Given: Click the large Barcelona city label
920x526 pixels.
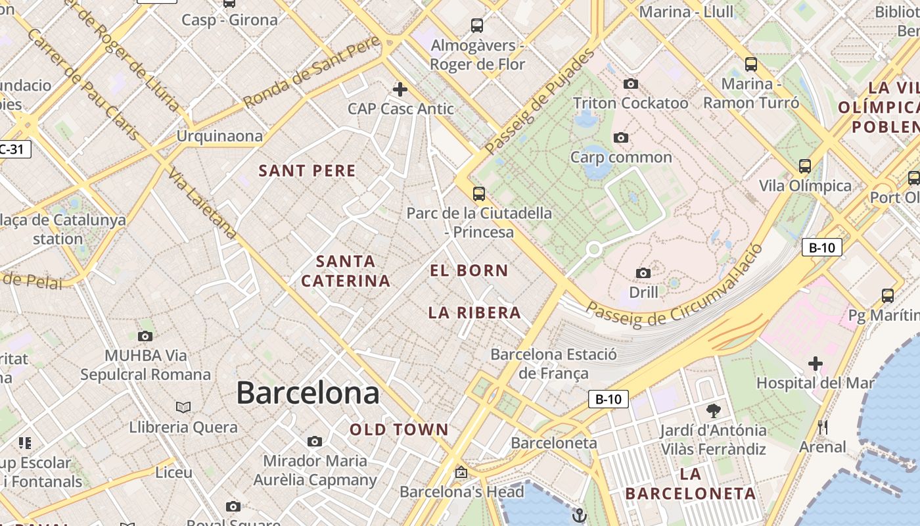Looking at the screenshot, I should pyautogui.click(x=308, y=393).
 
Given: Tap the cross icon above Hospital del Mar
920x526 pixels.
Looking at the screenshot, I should pyautogui.click(x=816, y=363).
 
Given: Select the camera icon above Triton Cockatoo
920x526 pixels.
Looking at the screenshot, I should pyautogui.click(x=630, y=84).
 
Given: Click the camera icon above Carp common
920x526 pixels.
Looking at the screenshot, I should pyautogui.click(x=620, y=137).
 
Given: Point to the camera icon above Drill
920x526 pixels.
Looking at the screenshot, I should pyautogui.click(x=643, y=273).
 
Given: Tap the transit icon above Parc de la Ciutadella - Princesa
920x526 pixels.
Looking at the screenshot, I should pyautogui.click(x=479, y=193).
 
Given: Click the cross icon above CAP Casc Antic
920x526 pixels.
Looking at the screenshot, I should pyautogui.click(x=400, y=89).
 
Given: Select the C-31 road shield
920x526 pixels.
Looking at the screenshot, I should pyautogui.click(x=13, y=149).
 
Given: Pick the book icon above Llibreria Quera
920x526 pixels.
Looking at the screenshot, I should pyautogui.click(x=183, y=408).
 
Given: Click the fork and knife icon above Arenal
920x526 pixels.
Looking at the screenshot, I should pyautogui.click(x=822, y=427).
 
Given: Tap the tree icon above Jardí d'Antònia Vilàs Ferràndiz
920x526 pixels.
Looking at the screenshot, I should pyautogui.click(x=713, y=411).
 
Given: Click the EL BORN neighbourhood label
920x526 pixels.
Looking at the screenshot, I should pyautogui.click(x=469, y=270).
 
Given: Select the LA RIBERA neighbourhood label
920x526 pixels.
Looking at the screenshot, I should pyautogui.click(x=474, y=313).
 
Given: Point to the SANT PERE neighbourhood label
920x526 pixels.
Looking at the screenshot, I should pyautogui.click(x=307, y=171).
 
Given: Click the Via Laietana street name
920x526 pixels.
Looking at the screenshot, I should pyautogui.click(x=202, y=203).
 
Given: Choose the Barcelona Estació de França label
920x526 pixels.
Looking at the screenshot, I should pyautogui.click(x=553, y=364).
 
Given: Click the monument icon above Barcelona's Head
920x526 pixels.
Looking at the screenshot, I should pyautogui.click(x=461, y=472).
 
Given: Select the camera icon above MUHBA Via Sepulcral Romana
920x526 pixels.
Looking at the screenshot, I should pyautogui.click(x=145, y=336).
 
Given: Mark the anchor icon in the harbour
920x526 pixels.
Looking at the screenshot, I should pyautogui.click(x=579, y=515).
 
